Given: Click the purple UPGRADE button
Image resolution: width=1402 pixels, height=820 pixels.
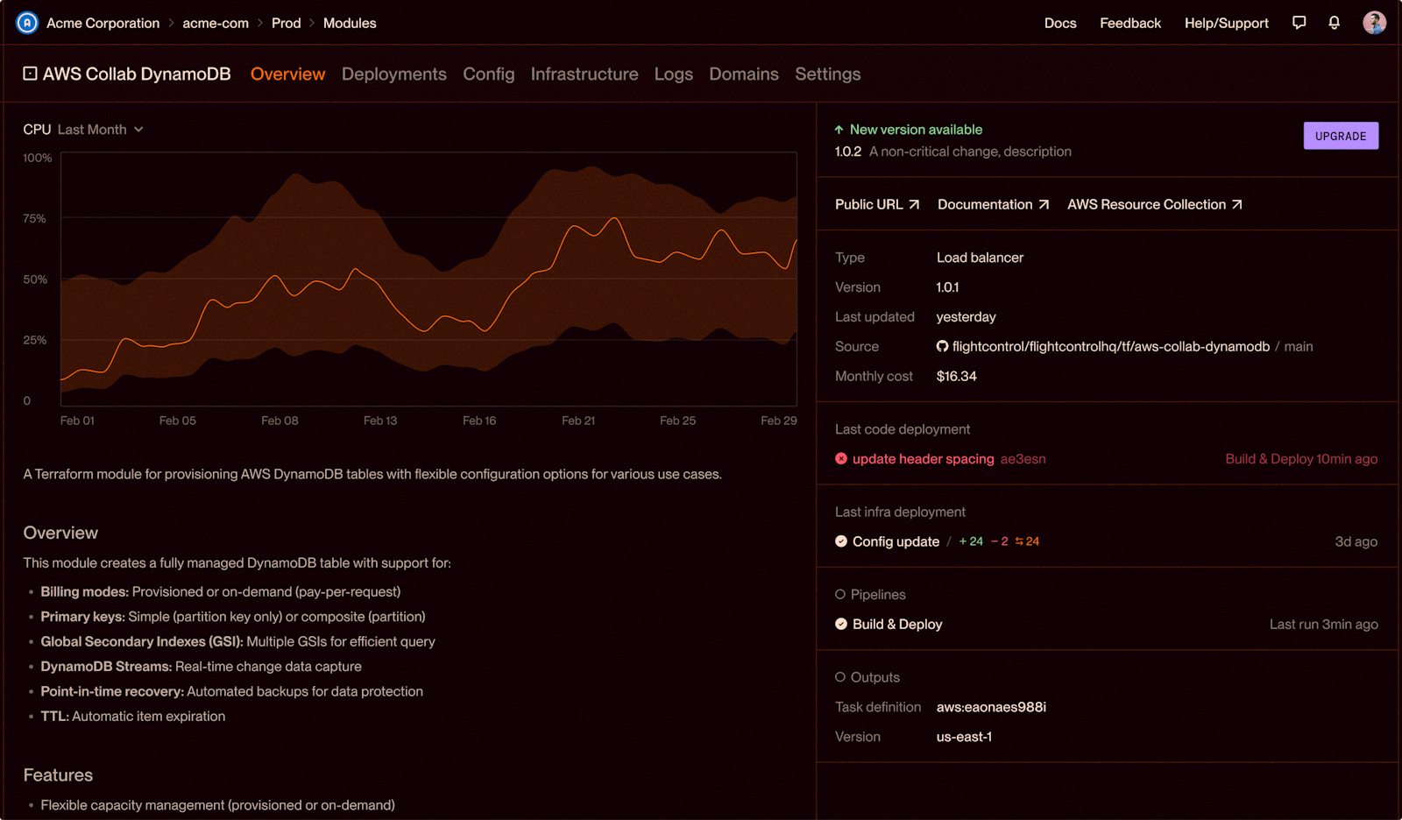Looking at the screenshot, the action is pyautogui.click(x=1341, y=136).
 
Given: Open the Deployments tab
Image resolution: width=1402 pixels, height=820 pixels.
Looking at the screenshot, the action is pyautogui.click(x=393, y=74).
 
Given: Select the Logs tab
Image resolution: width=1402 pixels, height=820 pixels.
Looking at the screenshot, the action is pyautogui.click(x=674, y=74).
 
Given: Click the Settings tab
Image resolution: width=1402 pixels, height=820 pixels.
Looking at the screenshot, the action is pyautogui.click(x=827, y=74).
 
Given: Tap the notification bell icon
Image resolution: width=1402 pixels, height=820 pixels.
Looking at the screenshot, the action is pyautogui.click(x=1335, y=23).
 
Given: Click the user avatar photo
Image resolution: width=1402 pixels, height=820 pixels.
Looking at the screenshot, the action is pyautogui.click(x=1375, y=23).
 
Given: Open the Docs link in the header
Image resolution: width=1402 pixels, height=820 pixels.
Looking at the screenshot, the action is pyautogui.click(x=1060, y=23).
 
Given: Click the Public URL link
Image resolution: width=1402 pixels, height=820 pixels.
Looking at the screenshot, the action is pyautogui.click(x=877, y=205).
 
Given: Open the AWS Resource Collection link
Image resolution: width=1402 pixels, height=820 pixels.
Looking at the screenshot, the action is pyautogui.click(x=1155, y=205).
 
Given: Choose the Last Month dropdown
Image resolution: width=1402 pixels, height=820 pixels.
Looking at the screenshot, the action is pyautogui.click(x=100, y=130).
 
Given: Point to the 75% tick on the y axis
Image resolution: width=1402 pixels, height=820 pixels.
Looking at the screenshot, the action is pyautogui.click(x=34, y=218).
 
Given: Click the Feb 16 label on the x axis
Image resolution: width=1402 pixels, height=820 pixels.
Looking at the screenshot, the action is pyautogui.click(x=479, y=421).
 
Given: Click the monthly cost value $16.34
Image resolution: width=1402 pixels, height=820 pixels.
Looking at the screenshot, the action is pyautogui.click(x=956, y=376).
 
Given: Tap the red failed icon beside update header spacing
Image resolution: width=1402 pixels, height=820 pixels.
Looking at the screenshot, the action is pyautogui.click(x=841, y=459).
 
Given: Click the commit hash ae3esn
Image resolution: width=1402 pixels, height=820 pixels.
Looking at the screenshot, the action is pyautogui.click(x=1023, y=459).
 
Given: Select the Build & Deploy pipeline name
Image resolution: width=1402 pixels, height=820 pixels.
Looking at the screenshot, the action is pyautogui.click(x=897, y=624).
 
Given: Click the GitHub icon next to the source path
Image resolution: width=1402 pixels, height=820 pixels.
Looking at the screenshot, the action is pyautogui.click(x=942, y=346).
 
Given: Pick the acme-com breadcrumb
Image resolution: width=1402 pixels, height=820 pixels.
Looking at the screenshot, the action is pyautogui.click(x=216, y=23).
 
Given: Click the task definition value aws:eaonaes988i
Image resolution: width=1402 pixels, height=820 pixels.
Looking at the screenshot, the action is pyautogui.click(x=991, y=707).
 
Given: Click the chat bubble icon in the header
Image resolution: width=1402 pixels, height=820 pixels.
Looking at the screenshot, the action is pyautogui.click(x=1299, y=23).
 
